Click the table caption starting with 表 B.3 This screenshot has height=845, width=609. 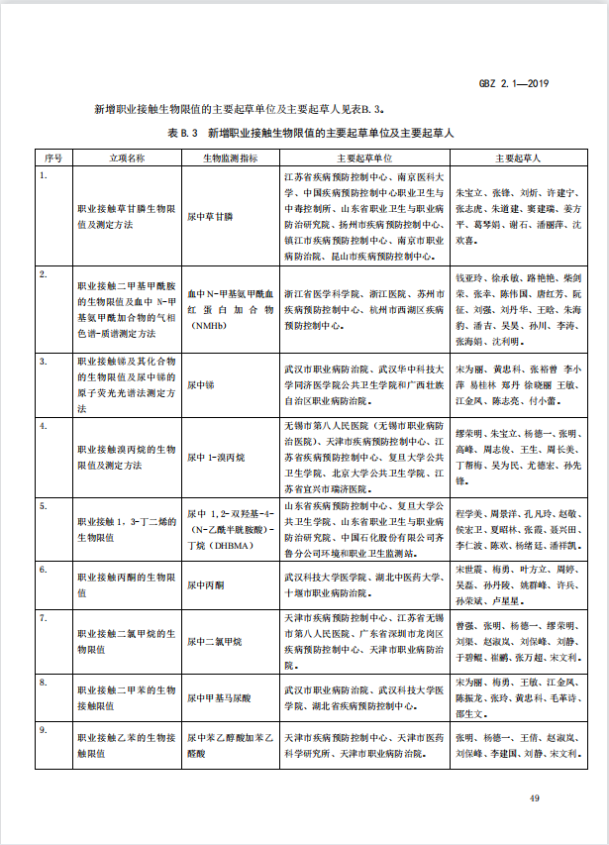click(310, 132)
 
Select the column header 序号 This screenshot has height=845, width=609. click(54, 158)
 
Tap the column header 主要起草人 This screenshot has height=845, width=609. click(519, 158)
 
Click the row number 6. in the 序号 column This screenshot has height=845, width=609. click(43, 571)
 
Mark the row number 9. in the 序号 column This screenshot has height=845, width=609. click(43, 731)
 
